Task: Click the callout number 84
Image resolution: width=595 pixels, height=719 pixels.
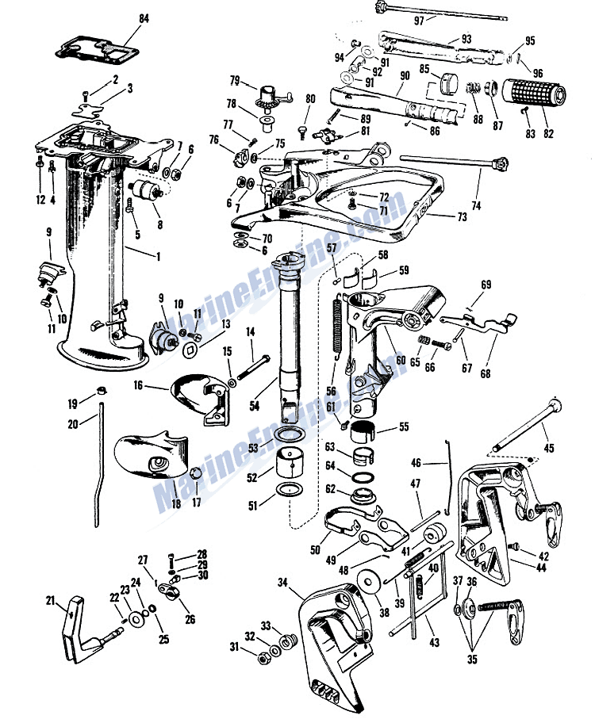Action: coord(144,19)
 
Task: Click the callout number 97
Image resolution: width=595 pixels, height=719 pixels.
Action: coord(419,21)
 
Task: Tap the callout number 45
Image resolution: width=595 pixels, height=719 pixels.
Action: coord(549,448)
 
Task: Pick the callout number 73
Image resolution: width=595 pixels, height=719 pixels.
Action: coord(462,216)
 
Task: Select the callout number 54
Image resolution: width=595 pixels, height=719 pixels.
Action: coord(254,405)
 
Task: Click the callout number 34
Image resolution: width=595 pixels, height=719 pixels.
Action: coord(282,583)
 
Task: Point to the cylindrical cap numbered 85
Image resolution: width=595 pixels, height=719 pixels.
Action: coord(450,83)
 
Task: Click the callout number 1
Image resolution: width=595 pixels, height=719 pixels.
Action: coord(159,256)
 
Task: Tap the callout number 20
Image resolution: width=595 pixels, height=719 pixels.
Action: coord(73,424)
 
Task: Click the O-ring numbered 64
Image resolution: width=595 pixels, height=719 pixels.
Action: coord(363,477)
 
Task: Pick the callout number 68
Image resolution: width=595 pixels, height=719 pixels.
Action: coord(486,373)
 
